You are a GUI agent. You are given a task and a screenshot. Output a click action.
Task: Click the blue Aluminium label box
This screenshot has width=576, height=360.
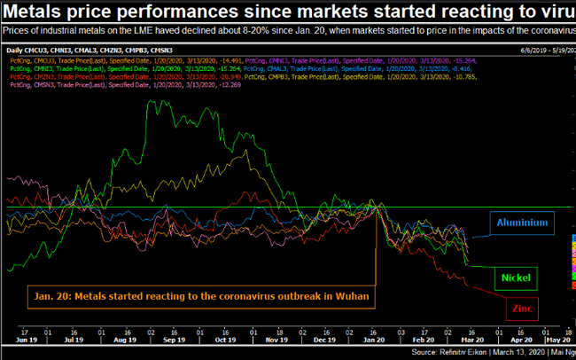click(522, 223)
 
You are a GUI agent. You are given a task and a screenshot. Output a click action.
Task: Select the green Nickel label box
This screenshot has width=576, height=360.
click(515, 278)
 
